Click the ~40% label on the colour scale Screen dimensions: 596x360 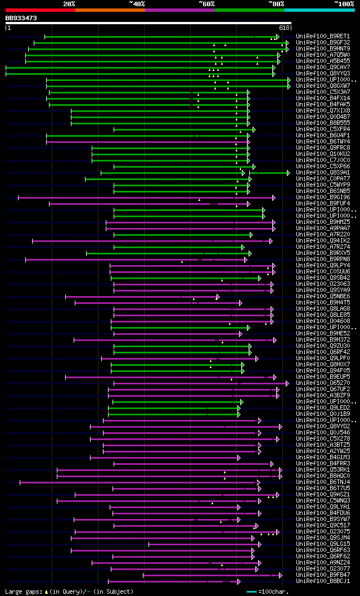click(137, 3)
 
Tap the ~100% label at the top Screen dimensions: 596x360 click(344, 3)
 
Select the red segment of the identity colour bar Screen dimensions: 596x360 click(40, 10)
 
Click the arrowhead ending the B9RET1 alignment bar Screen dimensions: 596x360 click(278, 37)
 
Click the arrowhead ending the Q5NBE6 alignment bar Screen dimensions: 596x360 click(218, 297)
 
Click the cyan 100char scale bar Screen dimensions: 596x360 click(251, 591)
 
